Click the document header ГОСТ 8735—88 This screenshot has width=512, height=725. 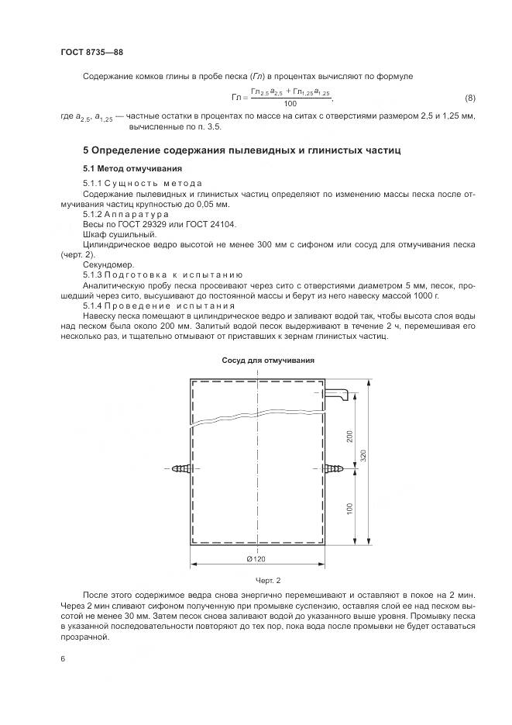(91, 52)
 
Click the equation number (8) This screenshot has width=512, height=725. (469, 98)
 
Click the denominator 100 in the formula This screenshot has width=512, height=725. (290, 103)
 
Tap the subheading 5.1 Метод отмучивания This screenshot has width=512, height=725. (132, 168)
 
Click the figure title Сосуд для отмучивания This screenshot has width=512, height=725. (268, 361)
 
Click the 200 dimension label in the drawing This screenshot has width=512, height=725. (349, 437)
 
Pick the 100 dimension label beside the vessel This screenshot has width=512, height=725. (349, 508)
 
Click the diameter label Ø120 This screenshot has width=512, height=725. (256, 559)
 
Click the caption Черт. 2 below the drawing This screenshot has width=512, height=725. (267, 579)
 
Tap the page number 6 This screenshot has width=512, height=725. (63, 658)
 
